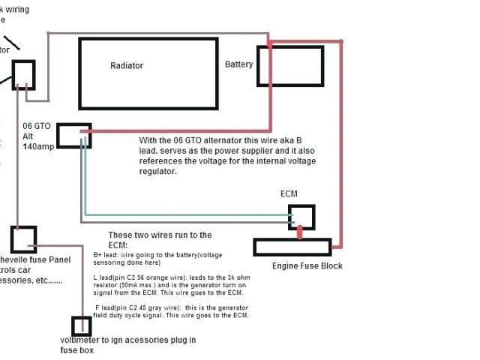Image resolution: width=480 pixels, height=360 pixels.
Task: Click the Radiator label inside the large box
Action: [126, 66]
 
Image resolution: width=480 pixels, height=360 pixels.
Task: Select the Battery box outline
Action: [290, 65]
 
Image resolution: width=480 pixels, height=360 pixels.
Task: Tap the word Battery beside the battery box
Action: [238, 64]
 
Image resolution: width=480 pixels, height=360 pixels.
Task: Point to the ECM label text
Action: [289, 194]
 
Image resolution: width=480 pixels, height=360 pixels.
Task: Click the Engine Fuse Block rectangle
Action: [292, 247]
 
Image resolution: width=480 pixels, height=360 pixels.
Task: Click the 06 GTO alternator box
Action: [74, 136]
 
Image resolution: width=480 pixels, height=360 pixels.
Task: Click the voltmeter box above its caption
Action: [81, 326]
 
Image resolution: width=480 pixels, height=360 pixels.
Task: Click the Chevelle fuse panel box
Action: [23, 239]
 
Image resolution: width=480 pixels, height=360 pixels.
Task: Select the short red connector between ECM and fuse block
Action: [301, 234]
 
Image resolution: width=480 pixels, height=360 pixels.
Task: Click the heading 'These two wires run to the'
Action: [160, 235]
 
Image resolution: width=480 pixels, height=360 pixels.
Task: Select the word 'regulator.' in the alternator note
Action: [158, 172]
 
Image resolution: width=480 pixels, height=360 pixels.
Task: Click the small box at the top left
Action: [22, 73]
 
